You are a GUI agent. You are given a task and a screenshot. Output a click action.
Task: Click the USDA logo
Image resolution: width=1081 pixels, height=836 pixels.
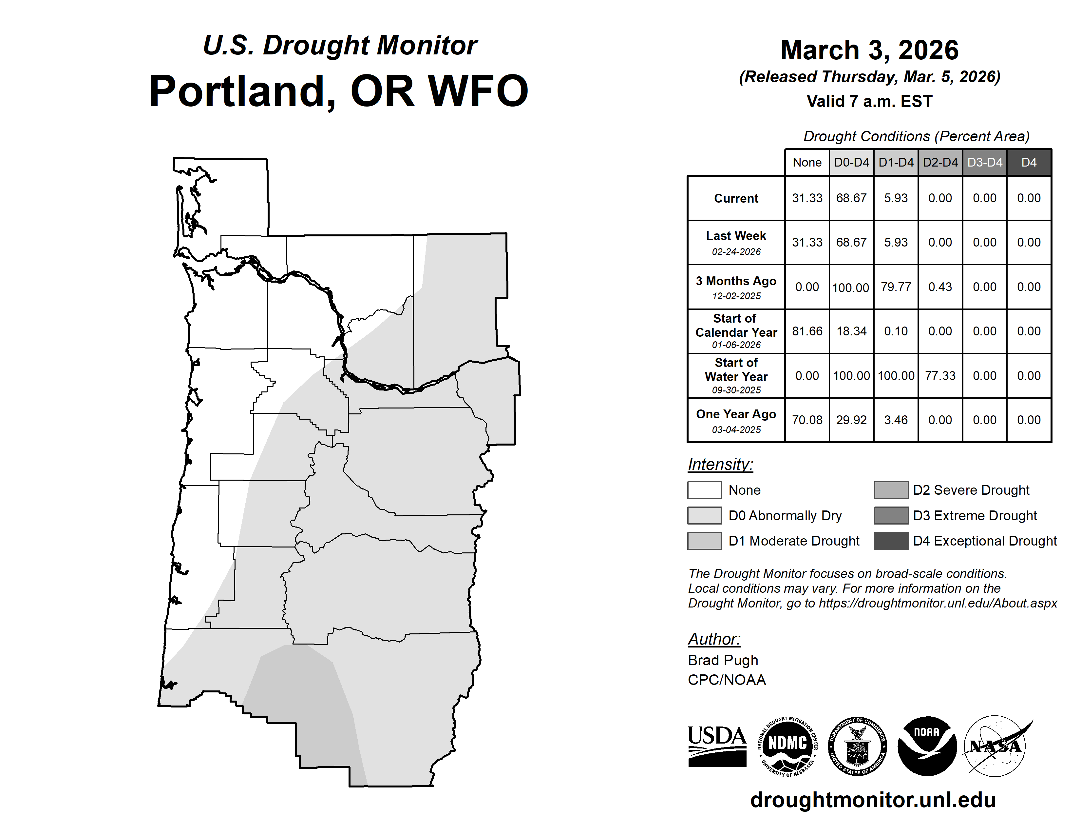pos(717,746)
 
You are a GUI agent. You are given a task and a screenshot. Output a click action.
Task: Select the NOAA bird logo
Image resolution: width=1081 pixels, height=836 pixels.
pos(927,746)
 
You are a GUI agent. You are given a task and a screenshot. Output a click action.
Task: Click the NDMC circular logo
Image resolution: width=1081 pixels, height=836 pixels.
pos(787,746)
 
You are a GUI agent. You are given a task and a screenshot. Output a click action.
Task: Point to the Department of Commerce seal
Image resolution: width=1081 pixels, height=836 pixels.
pos(857,746)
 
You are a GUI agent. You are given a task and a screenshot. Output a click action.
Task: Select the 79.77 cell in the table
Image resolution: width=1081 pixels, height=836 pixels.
pos(896,287)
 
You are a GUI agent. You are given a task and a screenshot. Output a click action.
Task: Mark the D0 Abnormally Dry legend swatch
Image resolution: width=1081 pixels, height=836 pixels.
pos(704,515)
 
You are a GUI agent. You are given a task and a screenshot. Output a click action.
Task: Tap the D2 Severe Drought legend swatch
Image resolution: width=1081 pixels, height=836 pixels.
pos(891,490)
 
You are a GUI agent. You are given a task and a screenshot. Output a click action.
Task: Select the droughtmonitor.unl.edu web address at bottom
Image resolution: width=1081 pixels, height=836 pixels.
pos(873,799)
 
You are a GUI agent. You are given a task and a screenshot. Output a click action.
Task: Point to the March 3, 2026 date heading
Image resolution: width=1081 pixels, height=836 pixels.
pos(870,50)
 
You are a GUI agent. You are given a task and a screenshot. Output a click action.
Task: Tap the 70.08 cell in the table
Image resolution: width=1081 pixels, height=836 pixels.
pos(807,420)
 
